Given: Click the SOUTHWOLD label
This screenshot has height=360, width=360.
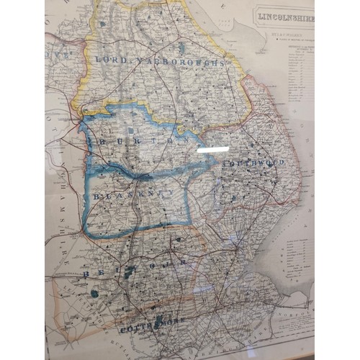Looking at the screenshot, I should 253,163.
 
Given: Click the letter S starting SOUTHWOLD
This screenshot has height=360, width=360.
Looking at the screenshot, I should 225,165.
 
